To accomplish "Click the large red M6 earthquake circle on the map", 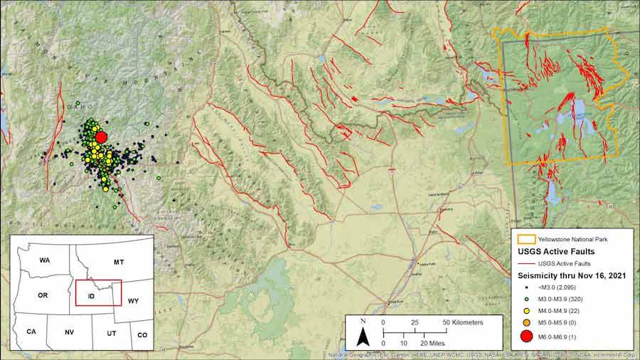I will [101, 137].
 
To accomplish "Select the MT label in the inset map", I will [119, 263].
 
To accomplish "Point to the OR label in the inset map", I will [43, 295].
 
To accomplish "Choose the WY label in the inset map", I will [134, 301].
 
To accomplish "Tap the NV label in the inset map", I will [69, 332].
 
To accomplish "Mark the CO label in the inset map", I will [142, 334].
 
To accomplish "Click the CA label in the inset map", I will [31, 332].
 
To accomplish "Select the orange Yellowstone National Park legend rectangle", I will [530, 239].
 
